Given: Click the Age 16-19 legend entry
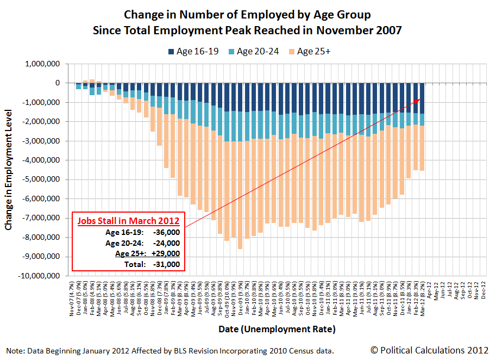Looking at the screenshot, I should [x=194, y=52].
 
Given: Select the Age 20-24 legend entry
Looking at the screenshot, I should [x=255, y=52].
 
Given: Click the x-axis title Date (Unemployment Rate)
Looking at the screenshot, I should [x=277, y=329].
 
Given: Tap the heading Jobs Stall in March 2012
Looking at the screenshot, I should [x=128, y=222].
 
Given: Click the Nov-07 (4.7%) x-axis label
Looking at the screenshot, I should [x=72, y=299].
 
